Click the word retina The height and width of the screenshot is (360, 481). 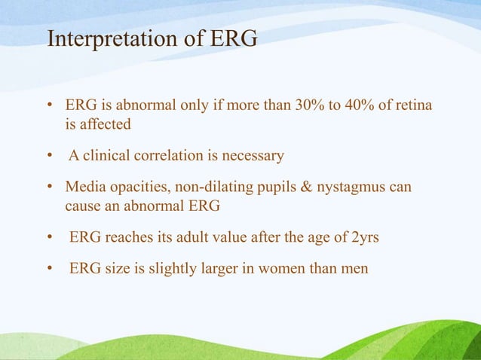click(412, 105)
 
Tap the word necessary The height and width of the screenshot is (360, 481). click(253, 156)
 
